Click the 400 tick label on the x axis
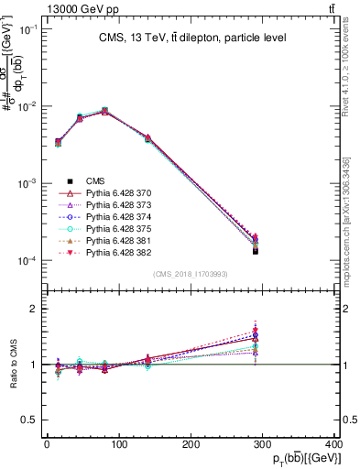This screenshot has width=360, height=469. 334,445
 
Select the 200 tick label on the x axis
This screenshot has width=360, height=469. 191,445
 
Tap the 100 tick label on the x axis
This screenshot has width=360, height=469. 119,445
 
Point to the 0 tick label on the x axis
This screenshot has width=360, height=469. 47,445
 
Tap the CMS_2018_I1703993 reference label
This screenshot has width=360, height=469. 191,274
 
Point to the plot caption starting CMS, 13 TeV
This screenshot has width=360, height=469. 192,38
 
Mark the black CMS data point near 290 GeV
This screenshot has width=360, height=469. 256,250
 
